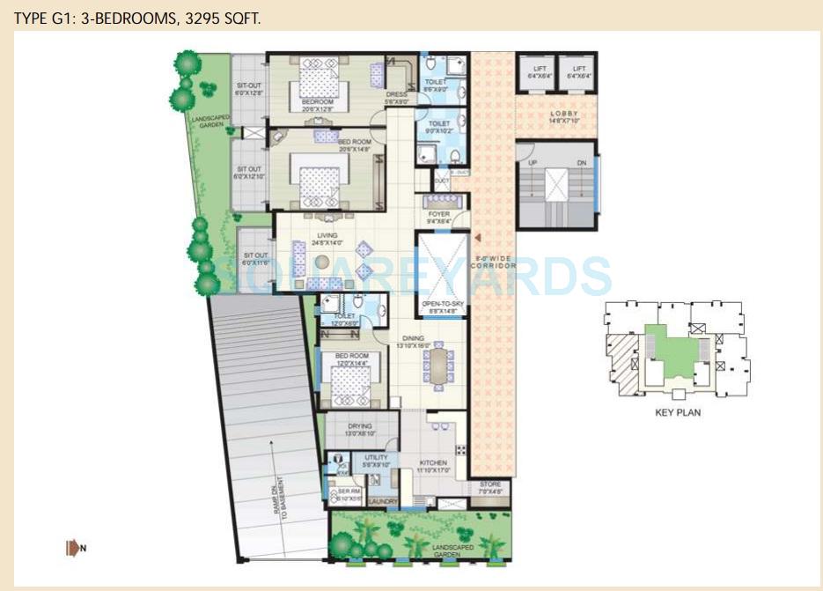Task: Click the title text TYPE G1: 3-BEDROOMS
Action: pos(136,18)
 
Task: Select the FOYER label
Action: pos(438,214)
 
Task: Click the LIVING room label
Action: pos(327,235)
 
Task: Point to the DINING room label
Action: pos(412,338)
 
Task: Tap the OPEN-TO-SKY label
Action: pos(443,302)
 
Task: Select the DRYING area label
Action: pos(359,426)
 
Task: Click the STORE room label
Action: pos(489,484)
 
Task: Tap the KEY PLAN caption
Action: pos(678,411)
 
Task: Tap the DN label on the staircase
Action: pos(580,164)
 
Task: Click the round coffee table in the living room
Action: pos(323,262)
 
